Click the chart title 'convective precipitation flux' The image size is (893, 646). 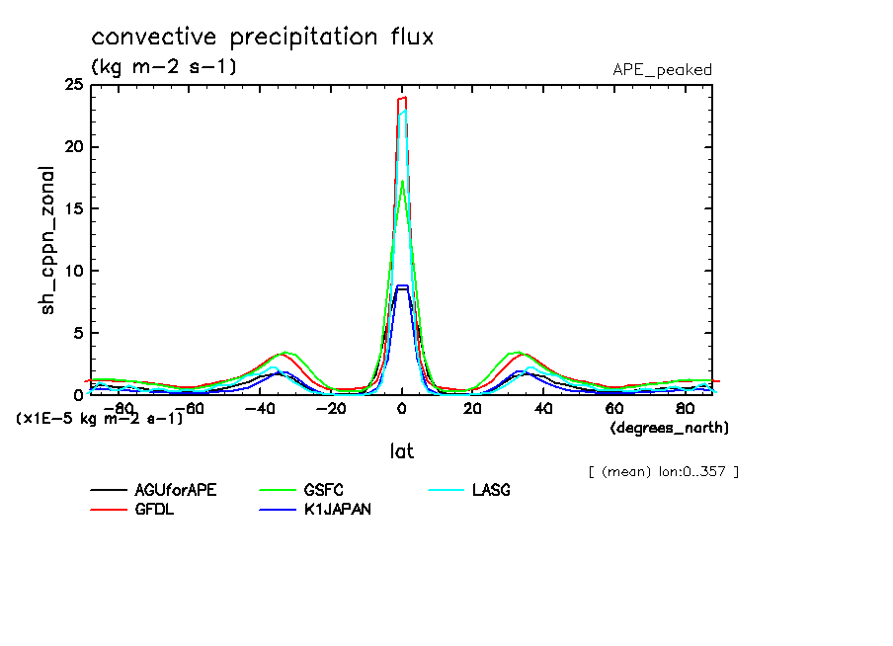tap(263, 38)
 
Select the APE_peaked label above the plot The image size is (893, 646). tap(662, 70)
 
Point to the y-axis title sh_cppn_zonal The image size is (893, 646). tap(47, 241)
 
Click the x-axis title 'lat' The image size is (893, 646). tap(401, 451)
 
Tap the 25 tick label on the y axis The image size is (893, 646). tap(73, 86)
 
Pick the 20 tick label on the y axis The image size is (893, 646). tap(73, 147)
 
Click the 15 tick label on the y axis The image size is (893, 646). tap(73, 209)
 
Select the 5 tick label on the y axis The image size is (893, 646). tap(78, 333)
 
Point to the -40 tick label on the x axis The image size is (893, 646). tap(259, 407)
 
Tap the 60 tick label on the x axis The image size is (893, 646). tap(613, 407)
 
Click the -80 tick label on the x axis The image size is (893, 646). tap(118, 407)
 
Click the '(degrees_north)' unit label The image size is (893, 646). tap(670, 428)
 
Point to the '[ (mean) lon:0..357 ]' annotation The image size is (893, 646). tap(663, 471)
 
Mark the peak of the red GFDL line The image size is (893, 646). tap(403, 97)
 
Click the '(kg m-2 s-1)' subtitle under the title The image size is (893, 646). tap(164, 67)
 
